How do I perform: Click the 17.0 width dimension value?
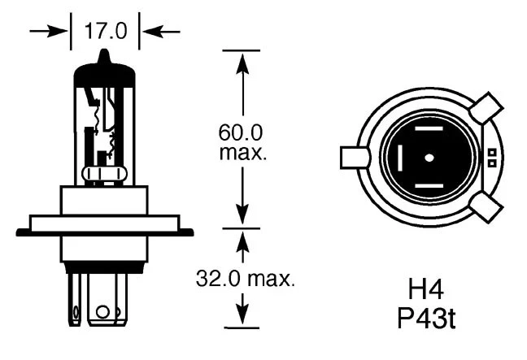[105, 32]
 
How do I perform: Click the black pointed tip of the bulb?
[104, 57]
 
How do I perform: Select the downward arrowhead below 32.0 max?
[241, 317]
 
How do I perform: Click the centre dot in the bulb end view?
[429, 155]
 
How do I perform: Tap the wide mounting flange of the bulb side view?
[104, 223]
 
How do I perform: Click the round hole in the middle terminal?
[102, 311]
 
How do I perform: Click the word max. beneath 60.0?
[242, 153]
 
